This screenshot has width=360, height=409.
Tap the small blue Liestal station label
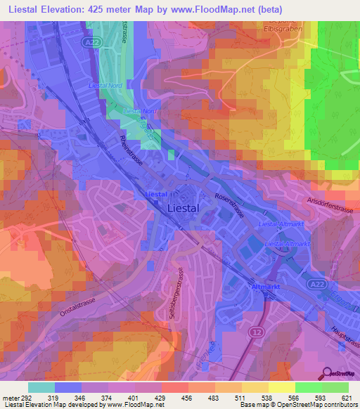(155, 194)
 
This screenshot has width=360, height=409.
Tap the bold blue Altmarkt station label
(265, 287)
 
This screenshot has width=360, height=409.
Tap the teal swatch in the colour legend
(41, 387)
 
